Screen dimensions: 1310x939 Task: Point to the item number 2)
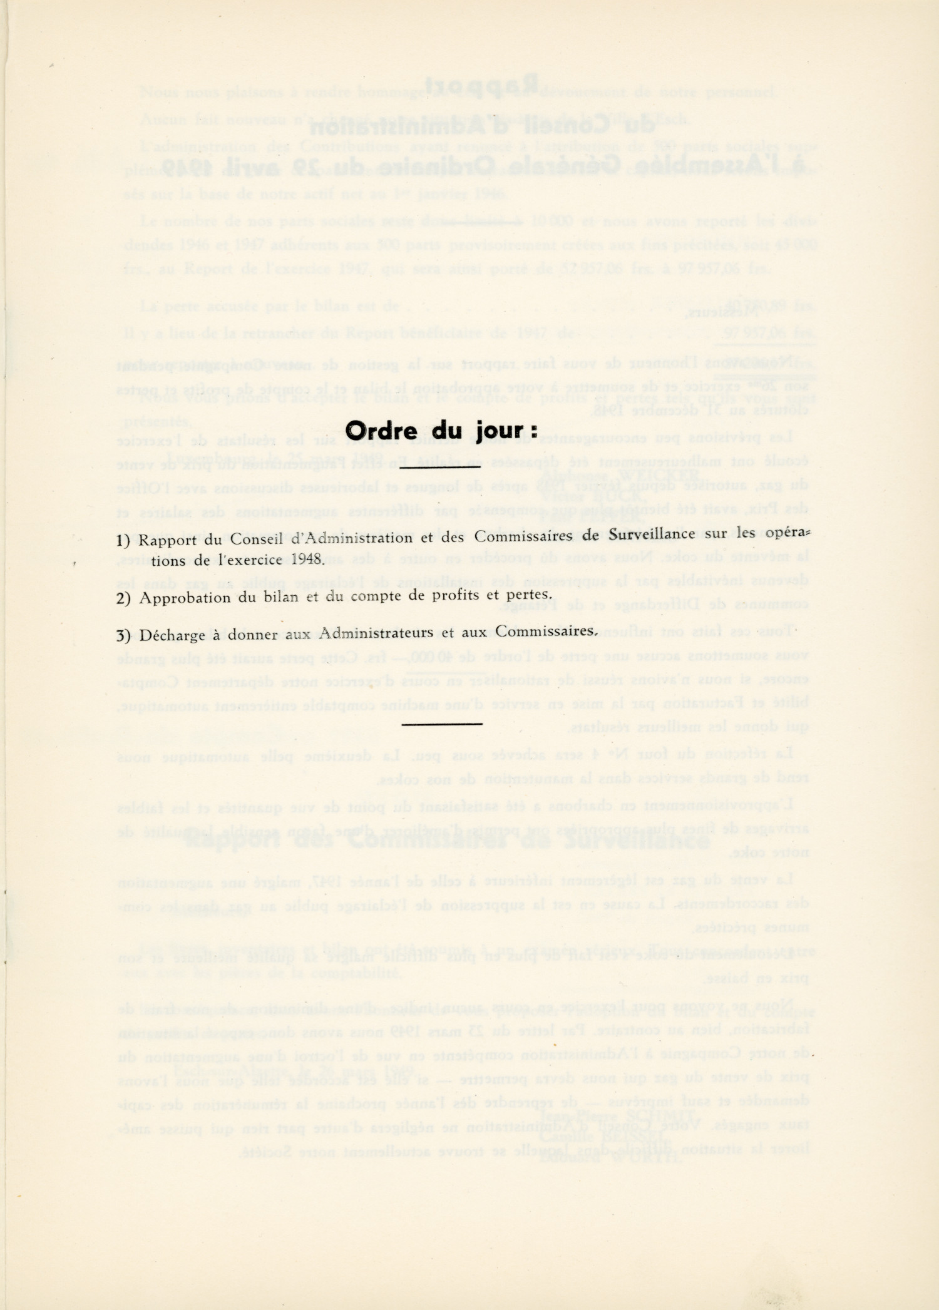pos(123,598)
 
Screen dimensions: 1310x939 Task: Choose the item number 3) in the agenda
pos(123,636)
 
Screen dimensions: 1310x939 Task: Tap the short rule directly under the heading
pos(441,466)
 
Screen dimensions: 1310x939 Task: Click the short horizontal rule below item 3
pos(442,724)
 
